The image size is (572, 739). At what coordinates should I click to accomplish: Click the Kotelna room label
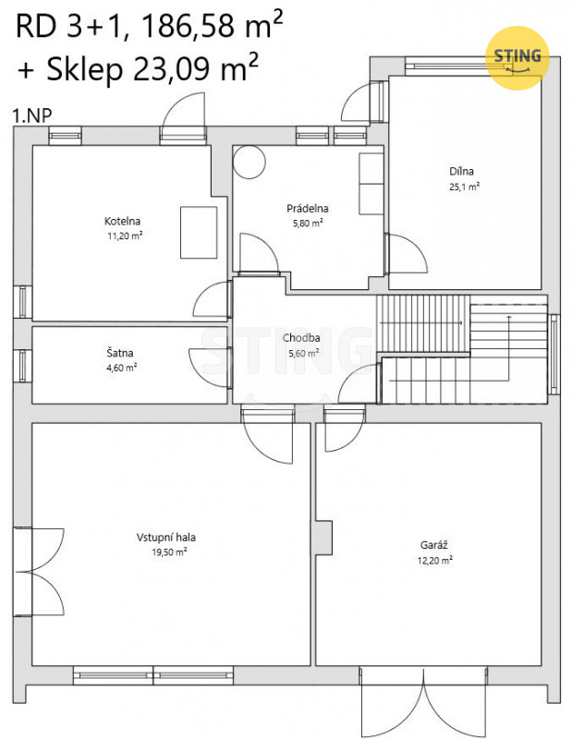tap(122, 221)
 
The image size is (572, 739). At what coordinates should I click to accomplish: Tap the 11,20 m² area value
tap(125, 236)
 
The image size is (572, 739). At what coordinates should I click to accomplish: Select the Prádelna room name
tap(308, 209)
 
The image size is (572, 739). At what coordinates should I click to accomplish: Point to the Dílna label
tap(461, 171)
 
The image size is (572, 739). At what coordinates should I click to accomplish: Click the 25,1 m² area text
tap(465, 187)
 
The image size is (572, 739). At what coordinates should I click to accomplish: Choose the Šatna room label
tap(120, 353)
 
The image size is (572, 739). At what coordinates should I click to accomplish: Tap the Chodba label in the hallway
tap(301, 338)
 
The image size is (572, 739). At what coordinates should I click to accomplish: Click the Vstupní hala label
tap(166, 538)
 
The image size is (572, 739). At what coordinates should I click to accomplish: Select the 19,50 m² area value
tap(169, 551)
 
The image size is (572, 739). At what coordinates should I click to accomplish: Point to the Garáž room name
tap(433, 545)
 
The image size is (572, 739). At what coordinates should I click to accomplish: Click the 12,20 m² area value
tap(435, 561)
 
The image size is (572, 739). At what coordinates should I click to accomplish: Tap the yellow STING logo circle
tap(517, 58)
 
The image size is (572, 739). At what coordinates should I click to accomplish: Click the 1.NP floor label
tap(31, 115)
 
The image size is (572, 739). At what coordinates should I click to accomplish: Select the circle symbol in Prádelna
tap(249, 163)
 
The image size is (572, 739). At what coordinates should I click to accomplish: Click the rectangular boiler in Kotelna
tap(199, 233)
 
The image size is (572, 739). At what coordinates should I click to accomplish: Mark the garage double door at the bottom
tap(423, 702)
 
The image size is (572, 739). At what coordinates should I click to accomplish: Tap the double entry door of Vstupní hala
tap(39, 571)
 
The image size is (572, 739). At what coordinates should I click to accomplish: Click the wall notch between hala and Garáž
tap(324, 538)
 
